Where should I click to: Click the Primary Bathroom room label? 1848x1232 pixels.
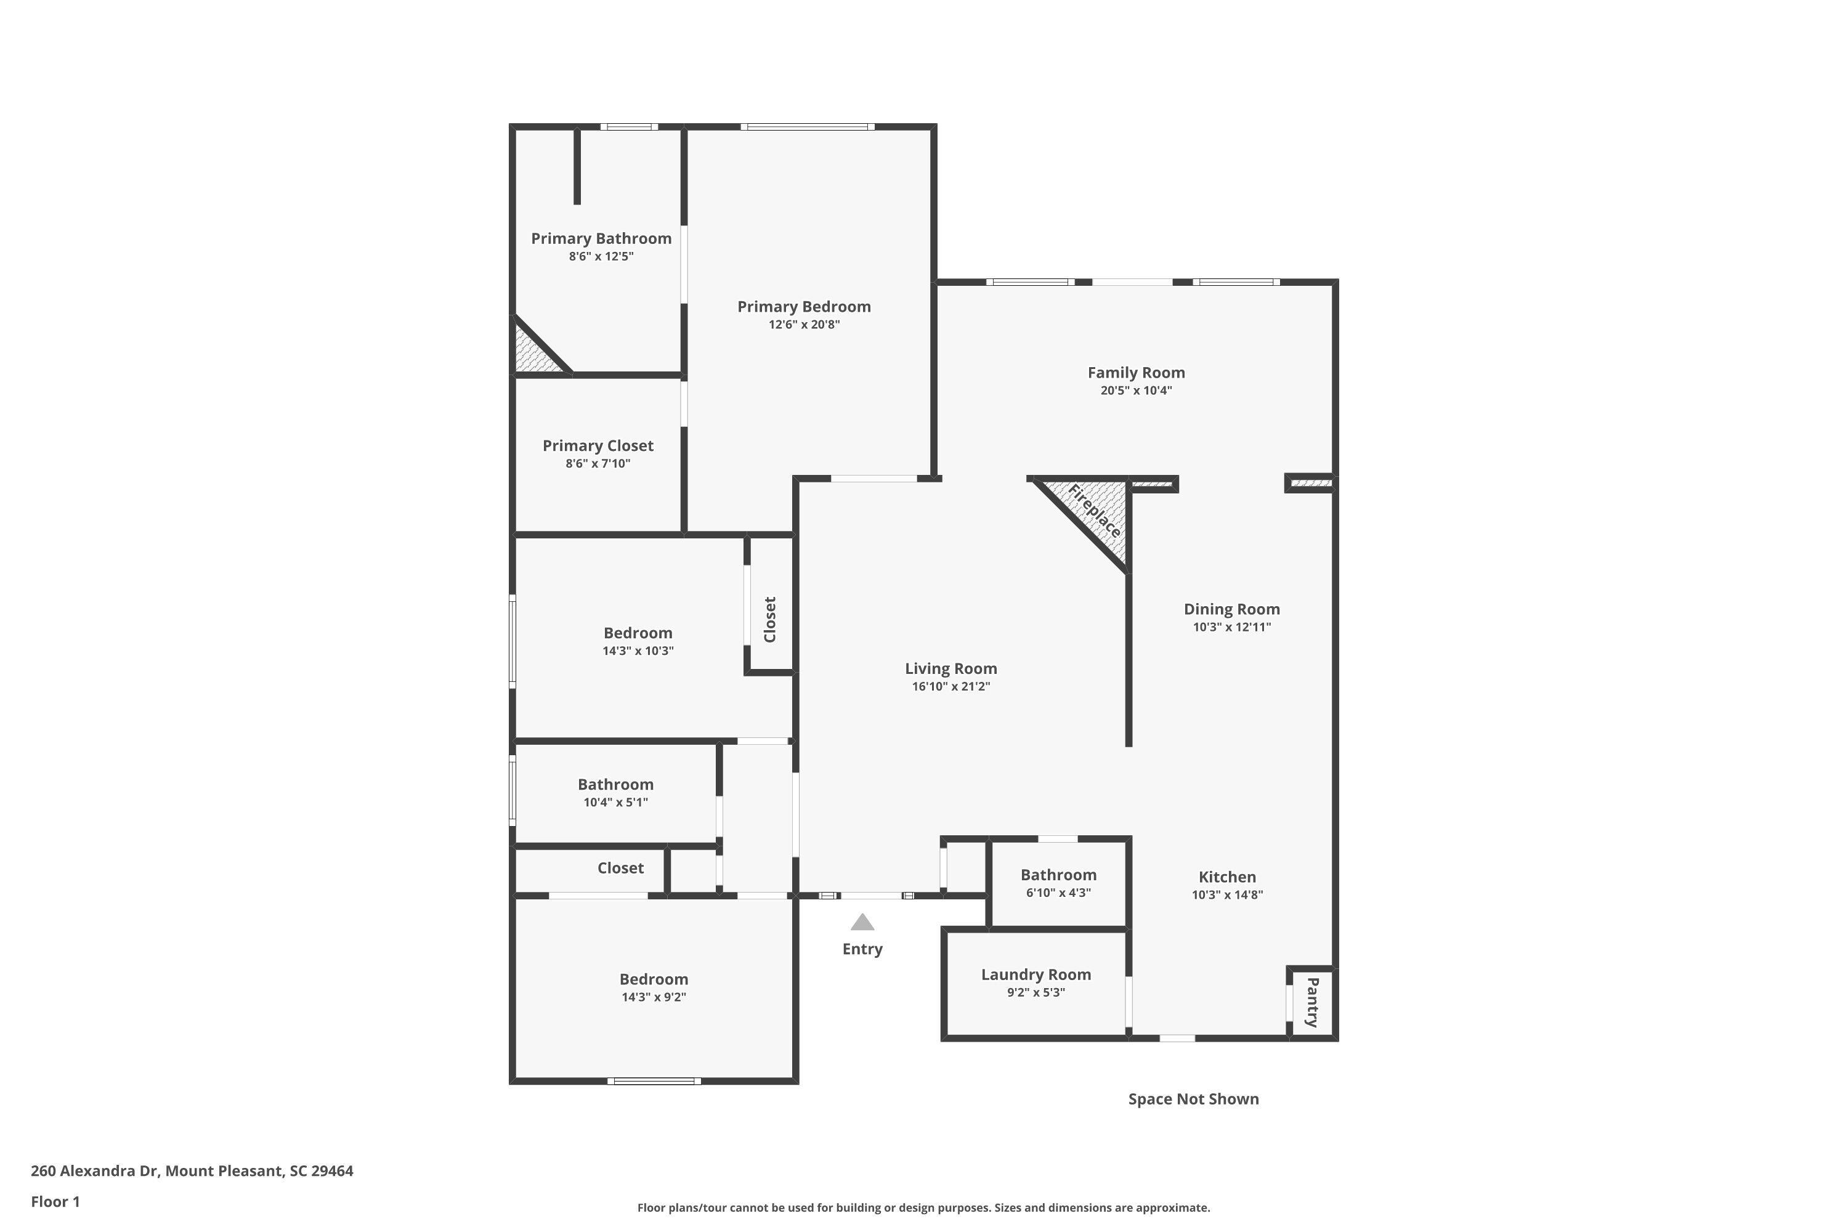click(601, 238)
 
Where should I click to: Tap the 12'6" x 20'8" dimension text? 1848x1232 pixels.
click(804, 325)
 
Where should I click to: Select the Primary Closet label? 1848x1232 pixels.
click(598, 445)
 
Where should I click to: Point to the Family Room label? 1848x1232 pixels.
click(1136, 373)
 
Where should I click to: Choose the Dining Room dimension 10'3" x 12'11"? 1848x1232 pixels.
click(1231, 627)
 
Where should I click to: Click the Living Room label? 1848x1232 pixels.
click(950, 668)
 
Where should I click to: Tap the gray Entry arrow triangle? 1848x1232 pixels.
click(862, 922)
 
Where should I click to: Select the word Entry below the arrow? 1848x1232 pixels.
click(862, 949)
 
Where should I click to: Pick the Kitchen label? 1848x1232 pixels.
click(1226, 877)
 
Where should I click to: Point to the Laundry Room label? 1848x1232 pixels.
click(1035, 975)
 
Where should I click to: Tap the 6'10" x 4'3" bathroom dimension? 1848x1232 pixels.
click(1058, 893)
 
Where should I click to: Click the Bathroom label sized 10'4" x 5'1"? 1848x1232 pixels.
click(615, 784)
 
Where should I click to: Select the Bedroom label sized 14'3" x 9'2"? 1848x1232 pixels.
click(654, 979)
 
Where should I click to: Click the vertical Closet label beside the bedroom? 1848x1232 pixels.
click(770, 619)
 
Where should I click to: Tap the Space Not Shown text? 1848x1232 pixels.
click(1193, 1099)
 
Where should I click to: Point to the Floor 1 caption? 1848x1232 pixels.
click(55, 1201)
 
